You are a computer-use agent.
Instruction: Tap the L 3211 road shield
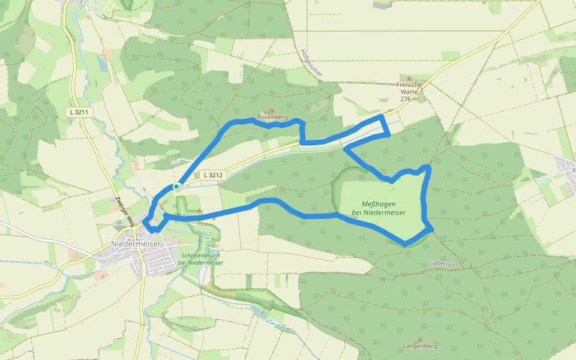[79, 112]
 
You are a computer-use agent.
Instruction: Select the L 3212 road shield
[212, 175]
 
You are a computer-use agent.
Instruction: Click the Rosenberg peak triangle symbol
[272, 110]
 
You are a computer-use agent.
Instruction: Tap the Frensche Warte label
[409, 85]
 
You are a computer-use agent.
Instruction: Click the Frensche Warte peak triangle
[410, 78]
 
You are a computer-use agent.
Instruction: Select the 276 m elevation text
[409, 99]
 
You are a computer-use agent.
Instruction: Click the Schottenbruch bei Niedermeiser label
[200, 259]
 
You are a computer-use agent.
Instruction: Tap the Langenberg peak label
[420, 346]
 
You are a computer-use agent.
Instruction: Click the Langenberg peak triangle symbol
[419, 339]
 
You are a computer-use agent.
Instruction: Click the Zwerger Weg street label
[122, 211]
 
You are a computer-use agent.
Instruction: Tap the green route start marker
[176, 187]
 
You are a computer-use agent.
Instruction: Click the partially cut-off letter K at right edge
[573, 170]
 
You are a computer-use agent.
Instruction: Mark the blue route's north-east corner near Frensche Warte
[383, 115]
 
